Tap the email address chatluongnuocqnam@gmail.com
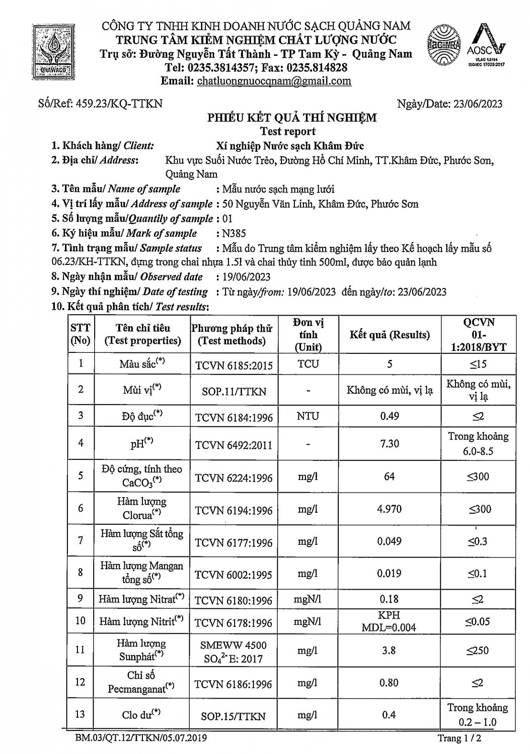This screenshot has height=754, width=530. click(274, 81)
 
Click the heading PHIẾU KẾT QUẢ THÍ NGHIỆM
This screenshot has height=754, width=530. click(292, 118)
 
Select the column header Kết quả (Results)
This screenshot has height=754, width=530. click(390, 335)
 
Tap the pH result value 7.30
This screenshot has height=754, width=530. click(390, 443)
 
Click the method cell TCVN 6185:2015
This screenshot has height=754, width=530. click(234, 365)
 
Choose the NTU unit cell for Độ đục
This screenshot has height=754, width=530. click(308, 416)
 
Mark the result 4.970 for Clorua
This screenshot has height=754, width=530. click(390, 509)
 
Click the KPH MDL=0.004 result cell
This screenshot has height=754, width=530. click(390, 621)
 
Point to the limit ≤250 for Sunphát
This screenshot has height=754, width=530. click(478, 650)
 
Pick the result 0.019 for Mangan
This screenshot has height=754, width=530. click(390, 574)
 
